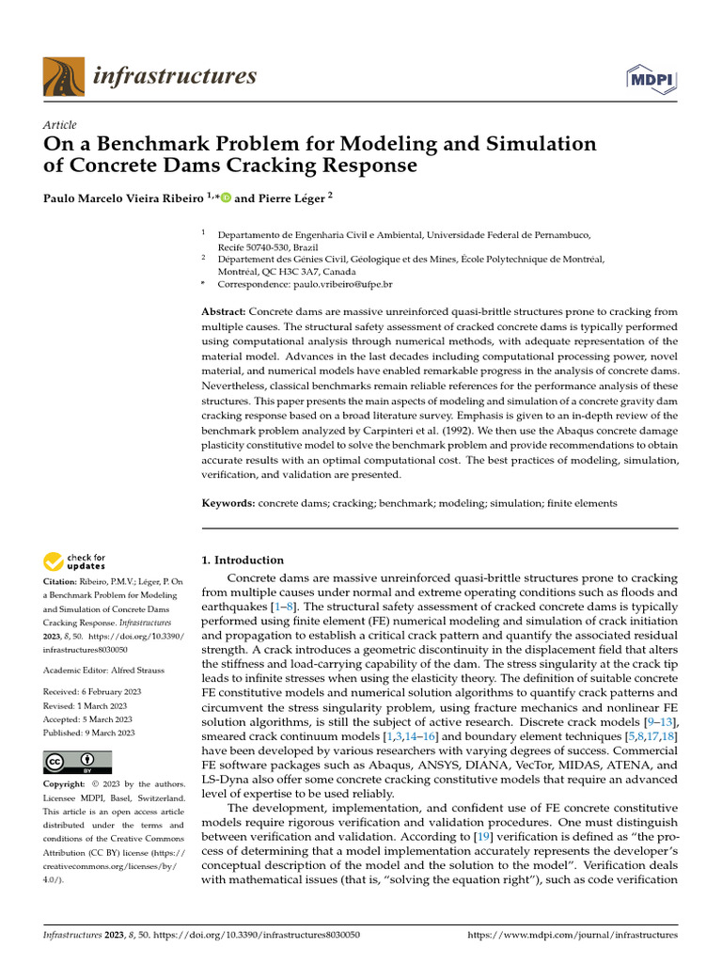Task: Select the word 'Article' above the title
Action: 60,125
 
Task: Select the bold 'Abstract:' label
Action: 225,311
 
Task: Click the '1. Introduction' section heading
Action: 243,560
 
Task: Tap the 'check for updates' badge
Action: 75,562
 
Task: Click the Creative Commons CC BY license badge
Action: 77,761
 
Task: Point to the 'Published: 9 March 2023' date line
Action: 89,733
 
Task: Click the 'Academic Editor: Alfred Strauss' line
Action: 103,670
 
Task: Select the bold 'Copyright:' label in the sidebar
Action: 69,784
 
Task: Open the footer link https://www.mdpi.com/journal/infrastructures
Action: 572,936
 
